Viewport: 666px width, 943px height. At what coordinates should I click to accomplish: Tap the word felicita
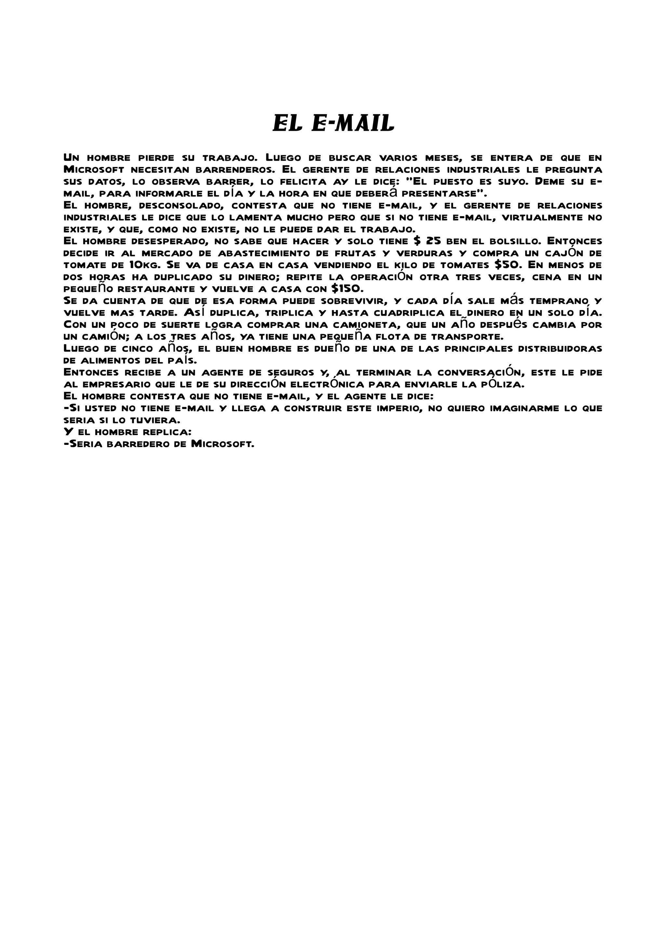pos(298,182)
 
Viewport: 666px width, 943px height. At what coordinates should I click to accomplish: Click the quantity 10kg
pos(144,265)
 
